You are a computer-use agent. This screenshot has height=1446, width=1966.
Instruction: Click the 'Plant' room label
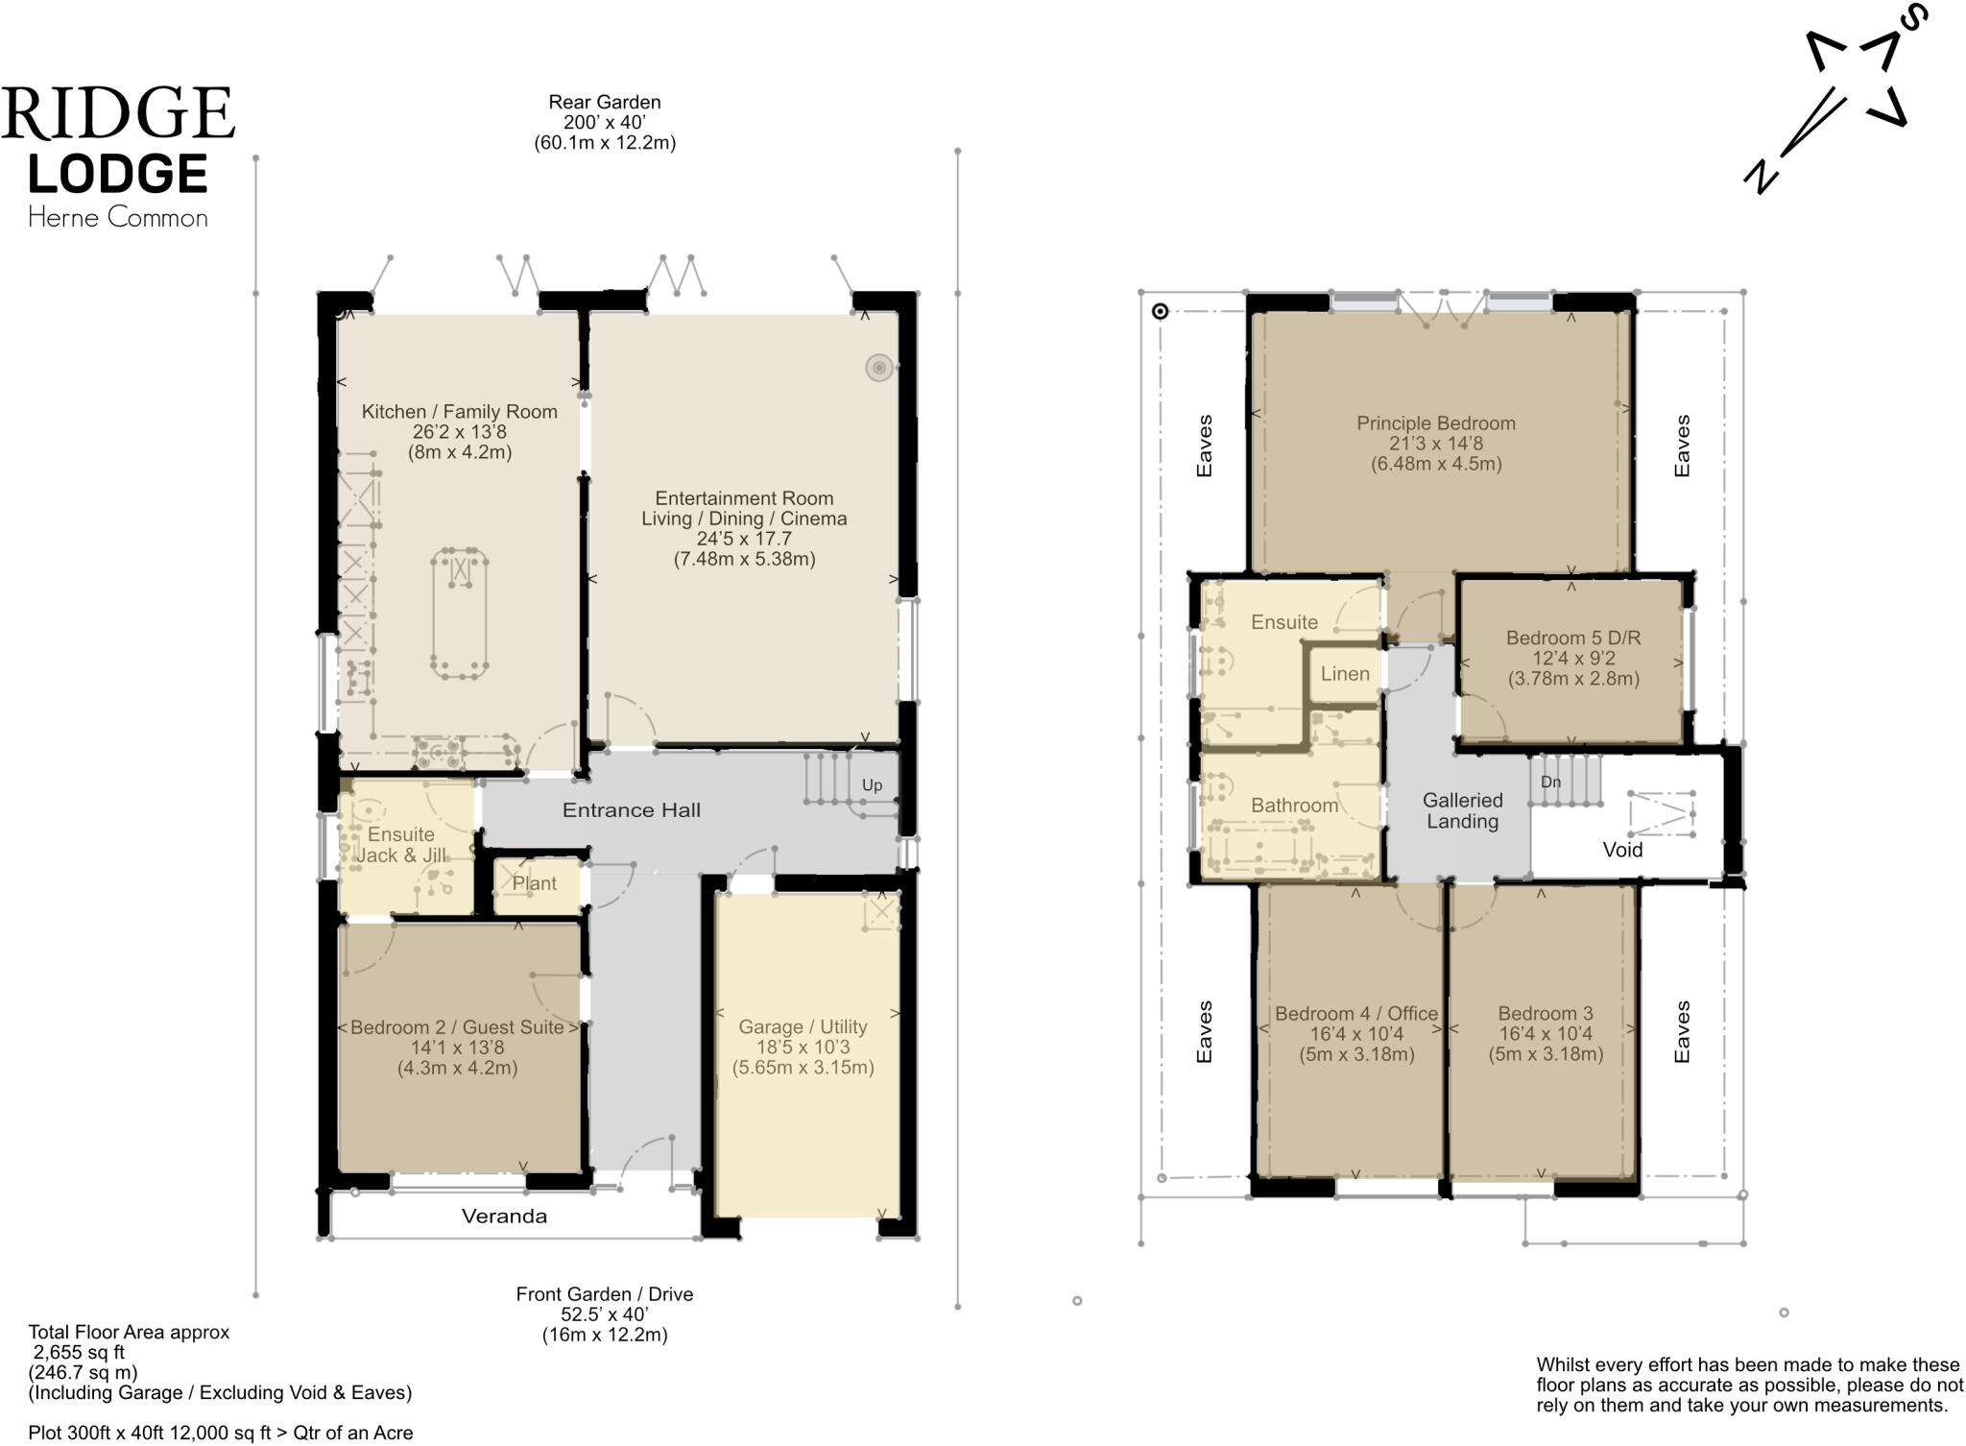(534, 883)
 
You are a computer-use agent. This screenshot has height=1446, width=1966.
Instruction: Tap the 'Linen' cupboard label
(1344, 674)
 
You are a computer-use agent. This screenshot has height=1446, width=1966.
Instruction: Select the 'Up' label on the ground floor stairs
(872, 784)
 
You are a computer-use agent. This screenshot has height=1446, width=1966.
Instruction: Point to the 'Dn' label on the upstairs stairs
(1550, 782)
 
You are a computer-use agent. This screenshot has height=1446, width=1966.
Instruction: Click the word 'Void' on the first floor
(1622, 850)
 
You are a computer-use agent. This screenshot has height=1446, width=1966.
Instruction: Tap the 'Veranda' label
(504, 1217)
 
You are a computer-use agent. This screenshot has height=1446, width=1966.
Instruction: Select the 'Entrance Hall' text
(631, 810)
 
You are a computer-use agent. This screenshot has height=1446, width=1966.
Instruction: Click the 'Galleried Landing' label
(1462, 810)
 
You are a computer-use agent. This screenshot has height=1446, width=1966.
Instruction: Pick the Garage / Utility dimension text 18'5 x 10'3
(803, 1048)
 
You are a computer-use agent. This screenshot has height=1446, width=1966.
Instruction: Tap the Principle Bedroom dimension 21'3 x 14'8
(1435, 444)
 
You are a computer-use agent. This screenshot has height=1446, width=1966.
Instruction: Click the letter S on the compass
(1910, 16)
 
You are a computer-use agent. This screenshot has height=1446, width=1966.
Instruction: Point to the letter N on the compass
(1762, 177)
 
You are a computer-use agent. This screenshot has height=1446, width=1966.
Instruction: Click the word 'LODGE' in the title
(117, 174)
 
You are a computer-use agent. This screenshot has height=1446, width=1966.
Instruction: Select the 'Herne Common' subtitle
(117, 218)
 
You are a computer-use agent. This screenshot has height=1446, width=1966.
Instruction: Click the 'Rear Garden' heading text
(604, 102)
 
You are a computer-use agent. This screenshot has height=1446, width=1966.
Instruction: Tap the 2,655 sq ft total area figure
(79, 1353)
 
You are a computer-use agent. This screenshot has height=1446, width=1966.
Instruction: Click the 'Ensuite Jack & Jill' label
(401, 845)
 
